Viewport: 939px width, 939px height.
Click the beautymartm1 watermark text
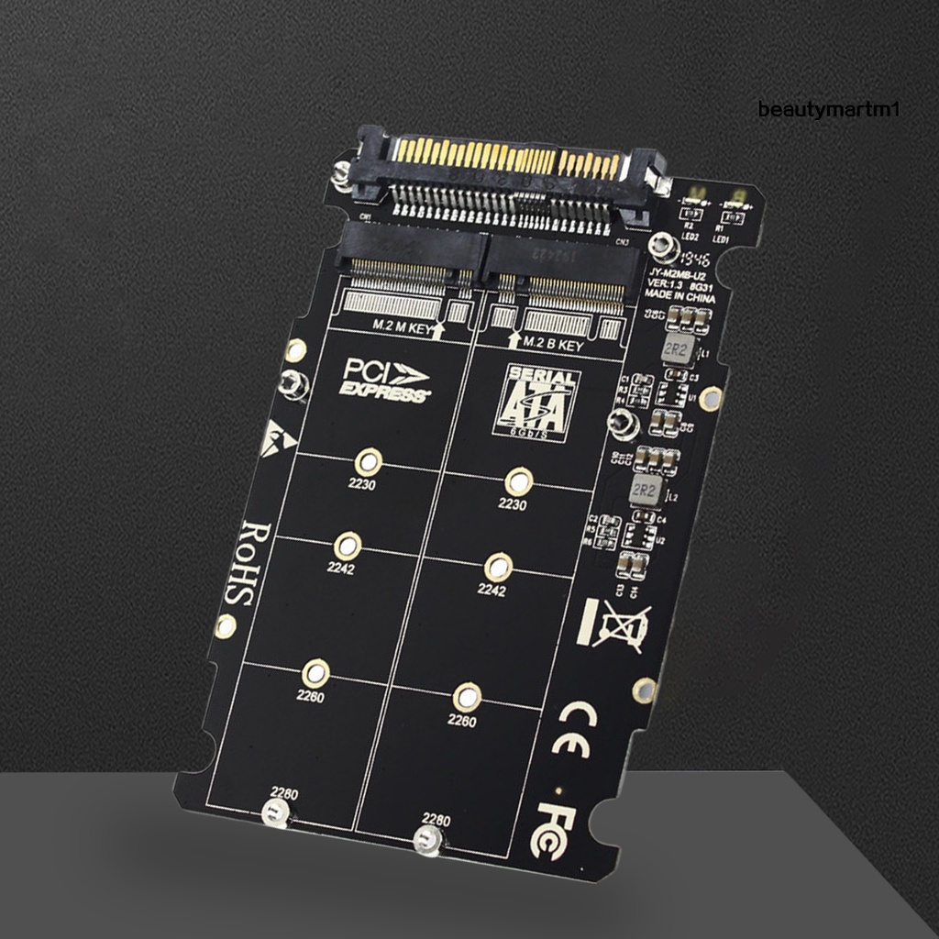(830, 110)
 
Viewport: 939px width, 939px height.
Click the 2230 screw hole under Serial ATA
(520, 480)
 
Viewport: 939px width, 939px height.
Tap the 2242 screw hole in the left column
(346, 546)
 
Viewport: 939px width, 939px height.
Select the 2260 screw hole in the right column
(467, 696)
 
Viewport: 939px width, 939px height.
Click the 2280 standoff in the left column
(273, 811)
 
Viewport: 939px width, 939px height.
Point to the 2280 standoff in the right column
(425, 837)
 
